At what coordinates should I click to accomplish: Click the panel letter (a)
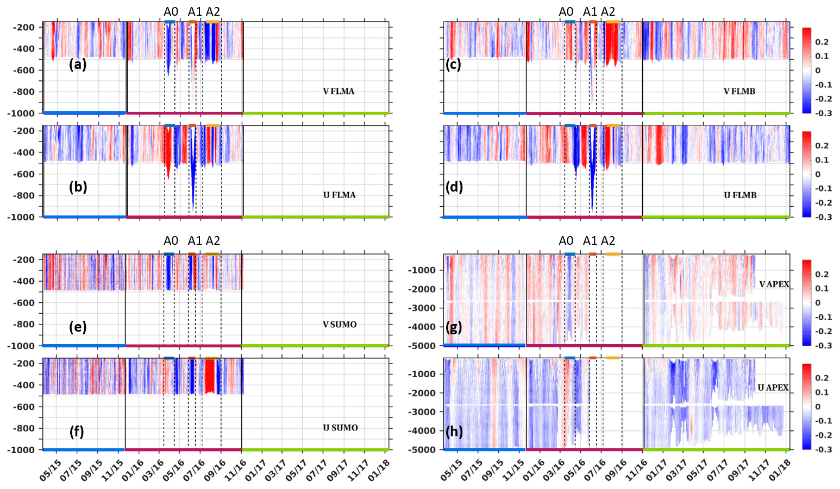coord(78,65)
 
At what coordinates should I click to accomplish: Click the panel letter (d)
coord(454,187)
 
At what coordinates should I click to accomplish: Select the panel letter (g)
coord(454,327)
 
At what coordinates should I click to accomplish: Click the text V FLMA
coord(338,91)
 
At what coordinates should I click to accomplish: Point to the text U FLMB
coord(740,195)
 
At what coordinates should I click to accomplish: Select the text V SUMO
coord(340,325)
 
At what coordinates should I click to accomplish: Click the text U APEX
coord(773,388)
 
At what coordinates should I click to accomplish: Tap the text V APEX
coord(774,284)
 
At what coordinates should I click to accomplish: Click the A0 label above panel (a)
coord(171,11)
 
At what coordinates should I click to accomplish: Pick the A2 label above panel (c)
coord(608,11)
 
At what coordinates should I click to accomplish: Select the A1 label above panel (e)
coord(195,240)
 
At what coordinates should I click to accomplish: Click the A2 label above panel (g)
coord(608,240)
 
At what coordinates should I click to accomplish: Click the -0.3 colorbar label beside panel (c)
coord(822,113)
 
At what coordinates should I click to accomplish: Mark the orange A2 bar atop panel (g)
coord(613,254)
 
